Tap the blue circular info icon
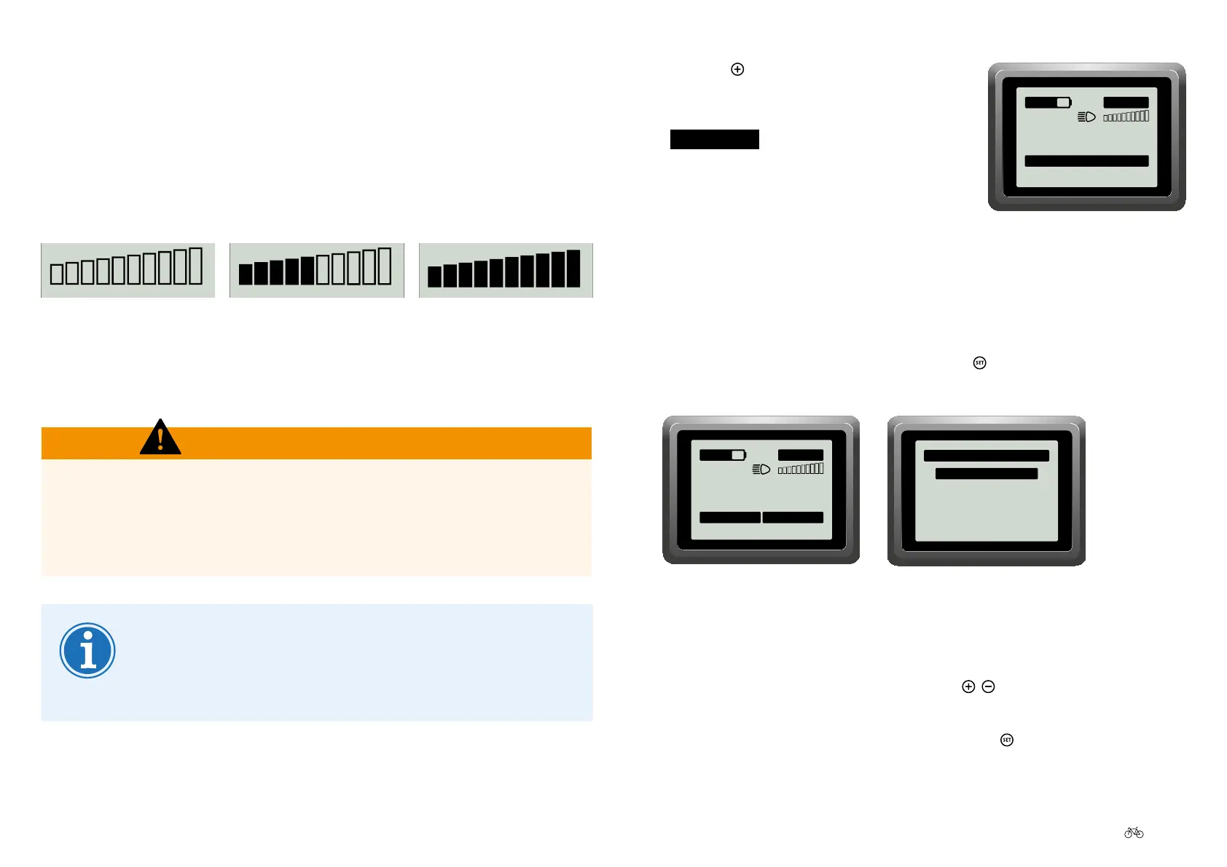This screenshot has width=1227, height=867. tap(87, 650)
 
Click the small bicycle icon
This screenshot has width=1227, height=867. tap(1134, 832)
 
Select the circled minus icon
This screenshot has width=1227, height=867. tap(988, 686)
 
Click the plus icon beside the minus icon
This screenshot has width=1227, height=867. tap(968, 686)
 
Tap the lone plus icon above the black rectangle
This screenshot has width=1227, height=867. tap(737, 69)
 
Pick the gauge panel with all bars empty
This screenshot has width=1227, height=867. tap(128, 270)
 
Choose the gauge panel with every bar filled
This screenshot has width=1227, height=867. tap(506, 270)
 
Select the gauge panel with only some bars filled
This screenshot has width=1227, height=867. tap(316, 270)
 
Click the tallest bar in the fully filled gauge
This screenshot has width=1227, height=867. tap(573, 269)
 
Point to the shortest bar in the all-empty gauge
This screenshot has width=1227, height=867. tap(56, 274)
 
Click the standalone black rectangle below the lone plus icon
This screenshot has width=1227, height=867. tap(714, 139)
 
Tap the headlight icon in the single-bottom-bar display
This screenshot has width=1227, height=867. tap(1086, 117)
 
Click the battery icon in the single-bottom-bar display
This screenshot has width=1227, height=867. tap(1048, 103)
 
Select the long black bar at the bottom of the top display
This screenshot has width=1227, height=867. tap(1086, 161)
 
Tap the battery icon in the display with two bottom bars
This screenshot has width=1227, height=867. tap(722, 455)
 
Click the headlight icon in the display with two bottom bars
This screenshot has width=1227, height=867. tap(761, 470)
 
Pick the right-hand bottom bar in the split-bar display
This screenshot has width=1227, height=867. tap(793, 518)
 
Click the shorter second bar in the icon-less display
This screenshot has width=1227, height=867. tap(986, 474)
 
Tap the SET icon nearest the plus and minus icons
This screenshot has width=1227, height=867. tap(1007, 740)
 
